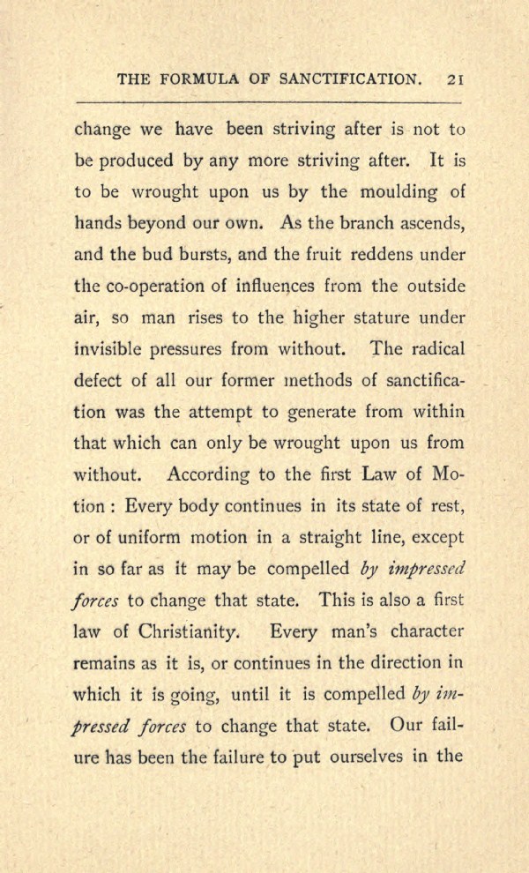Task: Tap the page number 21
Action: [x=456, y=79]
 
